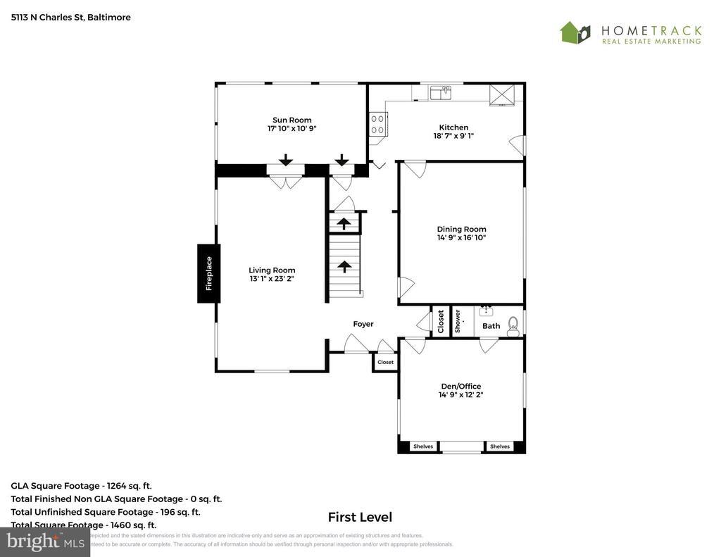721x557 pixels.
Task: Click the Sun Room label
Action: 292,120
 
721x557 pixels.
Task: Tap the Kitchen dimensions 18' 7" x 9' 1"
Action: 453,136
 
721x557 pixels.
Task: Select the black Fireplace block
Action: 208,273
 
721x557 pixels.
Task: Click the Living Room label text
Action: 272,270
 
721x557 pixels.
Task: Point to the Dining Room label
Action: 461,229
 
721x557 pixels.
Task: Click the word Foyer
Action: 363,324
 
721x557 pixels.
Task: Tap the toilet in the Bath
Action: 513,323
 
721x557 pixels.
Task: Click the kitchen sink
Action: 441,92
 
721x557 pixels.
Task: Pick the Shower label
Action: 458,321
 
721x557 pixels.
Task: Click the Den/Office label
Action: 460,386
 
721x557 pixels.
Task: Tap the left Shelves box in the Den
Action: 423,446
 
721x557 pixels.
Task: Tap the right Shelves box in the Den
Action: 500,446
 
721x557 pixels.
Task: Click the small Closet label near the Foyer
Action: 386,362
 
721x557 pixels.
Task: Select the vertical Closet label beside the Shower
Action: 441,321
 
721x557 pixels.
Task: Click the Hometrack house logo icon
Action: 575,32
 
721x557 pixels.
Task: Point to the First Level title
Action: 360,517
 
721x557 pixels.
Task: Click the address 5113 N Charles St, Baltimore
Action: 70,17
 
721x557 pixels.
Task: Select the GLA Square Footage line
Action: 81,485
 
